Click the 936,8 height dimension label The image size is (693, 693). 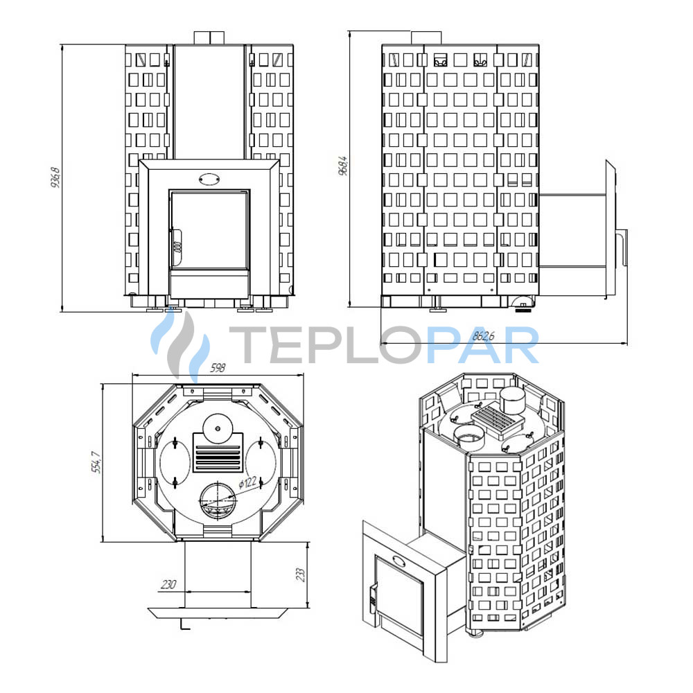pos(55,177)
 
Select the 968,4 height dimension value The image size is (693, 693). pos(343,166)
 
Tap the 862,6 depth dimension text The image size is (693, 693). pos(484,336)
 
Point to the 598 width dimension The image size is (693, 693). pos(218,368)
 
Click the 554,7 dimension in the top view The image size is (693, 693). pos(96,462)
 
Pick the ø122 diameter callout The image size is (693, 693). pos(248,482)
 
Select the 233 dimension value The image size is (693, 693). pos(301,574)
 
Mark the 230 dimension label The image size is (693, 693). pos(168,584)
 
